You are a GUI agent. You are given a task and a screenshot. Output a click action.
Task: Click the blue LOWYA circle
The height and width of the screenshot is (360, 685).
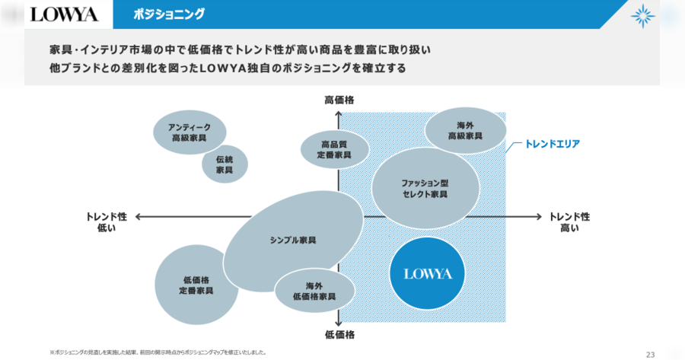tap(427, 273)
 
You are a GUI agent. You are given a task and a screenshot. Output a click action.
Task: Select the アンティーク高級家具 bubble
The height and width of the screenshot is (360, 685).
tap(190, 132)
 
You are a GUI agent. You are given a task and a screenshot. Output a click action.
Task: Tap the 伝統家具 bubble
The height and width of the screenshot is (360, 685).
tap(225, 164)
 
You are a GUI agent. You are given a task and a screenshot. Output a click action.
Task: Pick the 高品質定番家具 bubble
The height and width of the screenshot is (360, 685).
tap(335, 149)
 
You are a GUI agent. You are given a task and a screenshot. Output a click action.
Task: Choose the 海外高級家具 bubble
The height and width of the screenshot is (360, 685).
tap(466, 130)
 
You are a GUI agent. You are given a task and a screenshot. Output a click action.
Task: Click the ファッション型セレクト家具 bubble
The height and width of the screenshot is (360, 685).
tap(425, 188)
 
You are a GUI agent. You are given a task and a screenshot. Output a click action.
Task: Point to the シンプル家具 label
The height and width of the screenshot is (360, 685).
tap(293, 241)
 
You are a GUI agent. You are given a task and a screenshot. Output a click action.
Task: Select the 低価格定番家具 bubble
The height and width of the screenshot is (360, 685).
tap(196, 285)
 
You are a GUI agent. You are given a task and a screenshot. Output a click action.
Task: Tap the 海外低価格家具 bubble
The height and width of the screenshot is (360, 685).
tap(314, 291)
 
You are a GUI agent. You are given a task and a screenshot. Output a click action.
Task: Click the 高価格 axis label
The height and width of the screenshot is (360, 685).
tap(339, 100)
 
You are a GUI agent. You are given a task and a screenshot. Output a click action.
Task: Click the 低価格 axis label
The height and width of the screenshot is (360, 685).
tap(339, 335)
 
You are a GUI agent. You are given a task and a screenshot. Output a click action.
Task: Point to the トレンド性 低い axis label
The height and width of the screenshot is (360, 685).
tap(106, 222)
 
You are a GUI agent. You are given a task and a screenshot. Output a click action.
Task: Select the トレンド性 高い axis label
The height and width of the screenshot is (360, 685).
tap(569, 222)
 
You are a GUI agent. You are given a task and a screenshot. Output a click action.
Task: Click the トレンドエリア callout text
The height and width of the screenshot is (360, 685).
tap(553, 144)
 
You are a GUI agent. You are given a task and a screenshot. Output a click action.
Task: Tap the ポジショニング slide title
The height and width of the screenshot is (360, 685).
tap(169, 14)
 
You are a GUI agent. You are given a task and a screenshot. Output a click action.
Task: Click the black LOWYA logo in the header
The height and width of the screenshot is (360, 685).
tap(64, 14)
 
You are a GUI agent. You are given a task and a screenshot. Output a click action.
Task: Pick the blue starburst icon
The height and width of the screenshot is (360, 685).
tap(642, 16)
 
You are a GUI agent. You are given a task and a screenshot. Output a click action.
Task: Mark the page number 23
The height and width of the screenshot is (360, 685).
tap(651, 355)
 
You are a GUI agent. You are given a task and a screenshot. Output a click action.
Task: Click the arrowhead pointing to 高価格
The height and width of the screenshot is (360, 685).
tap(339, 114)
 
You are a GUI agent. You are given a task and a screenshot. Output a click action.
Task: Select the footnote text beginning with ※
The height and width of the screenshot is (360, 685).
tap(158, 352)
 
